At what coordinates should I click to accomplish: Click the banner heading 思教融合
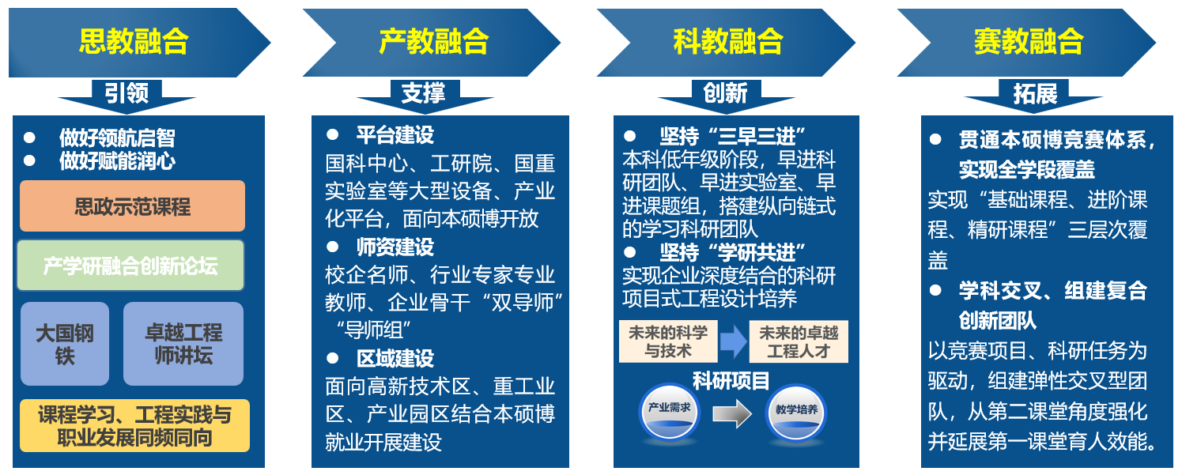[133, 41]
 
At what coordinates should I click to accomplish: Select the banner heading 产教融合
[433, 41]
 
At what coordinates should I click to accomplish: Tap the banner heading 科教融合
[727, 41]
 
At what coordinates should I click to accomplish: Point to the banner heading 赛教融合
[1028, 41]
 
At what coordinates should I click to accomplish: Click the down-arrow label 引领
[127, 93]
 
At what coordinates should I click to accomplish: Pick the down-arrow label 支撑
[424, 93]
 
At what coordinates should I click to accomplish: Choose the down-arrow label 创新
[725, 93]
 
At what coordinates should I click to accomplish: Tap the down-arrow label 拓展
[1035, 94]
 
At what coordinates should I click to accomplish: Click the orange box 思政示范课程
[132, 206]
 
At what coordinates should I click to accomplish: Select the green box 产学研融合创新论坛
[130, 266]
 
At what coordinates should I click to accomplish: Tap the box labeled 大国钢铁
[65, 344]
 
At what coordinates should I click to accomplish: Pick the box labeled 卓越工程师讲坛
[183, 344]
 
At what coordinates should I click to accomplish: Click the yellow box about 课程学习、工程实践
[134, 425]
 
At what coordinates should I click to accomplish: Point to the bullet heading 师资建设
[395, 247]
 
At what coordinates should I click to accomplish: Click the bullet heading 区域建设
[395, 358]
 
